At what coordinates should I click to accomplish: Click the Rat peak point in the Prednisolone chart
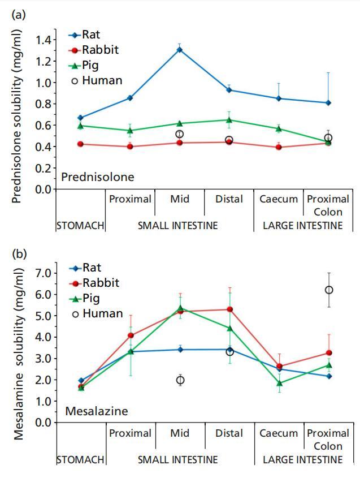(180, 49)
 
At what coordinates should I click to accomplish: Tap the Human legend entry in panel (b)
(96, 313)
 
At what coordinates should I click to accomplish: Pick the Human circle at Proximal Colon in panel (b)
(328, 290)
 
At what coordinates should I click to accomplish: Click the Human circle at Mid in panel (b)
(180, 380)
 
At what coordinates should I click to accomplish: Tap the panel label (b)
(18, 252)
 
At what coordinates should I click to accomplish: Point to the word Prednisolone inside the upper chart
(97, 177)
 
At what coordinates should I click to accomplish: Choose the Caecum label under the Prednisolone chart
(279, 199)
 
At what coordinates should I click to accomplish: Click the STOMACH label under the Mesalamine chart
(80, 460)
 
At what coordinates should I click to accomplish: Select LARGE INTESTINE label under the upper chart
(302, 226)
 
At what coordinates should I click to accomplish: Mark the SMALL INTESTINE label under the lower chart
(177, 460)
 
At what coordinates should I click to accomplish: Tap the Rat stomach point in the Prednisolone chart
(80, 118)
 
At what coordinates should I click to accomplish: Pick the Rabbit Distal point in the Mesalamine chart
(229, 309)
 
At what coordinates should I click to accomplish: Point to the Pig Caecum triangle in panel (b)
(279, 383)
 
